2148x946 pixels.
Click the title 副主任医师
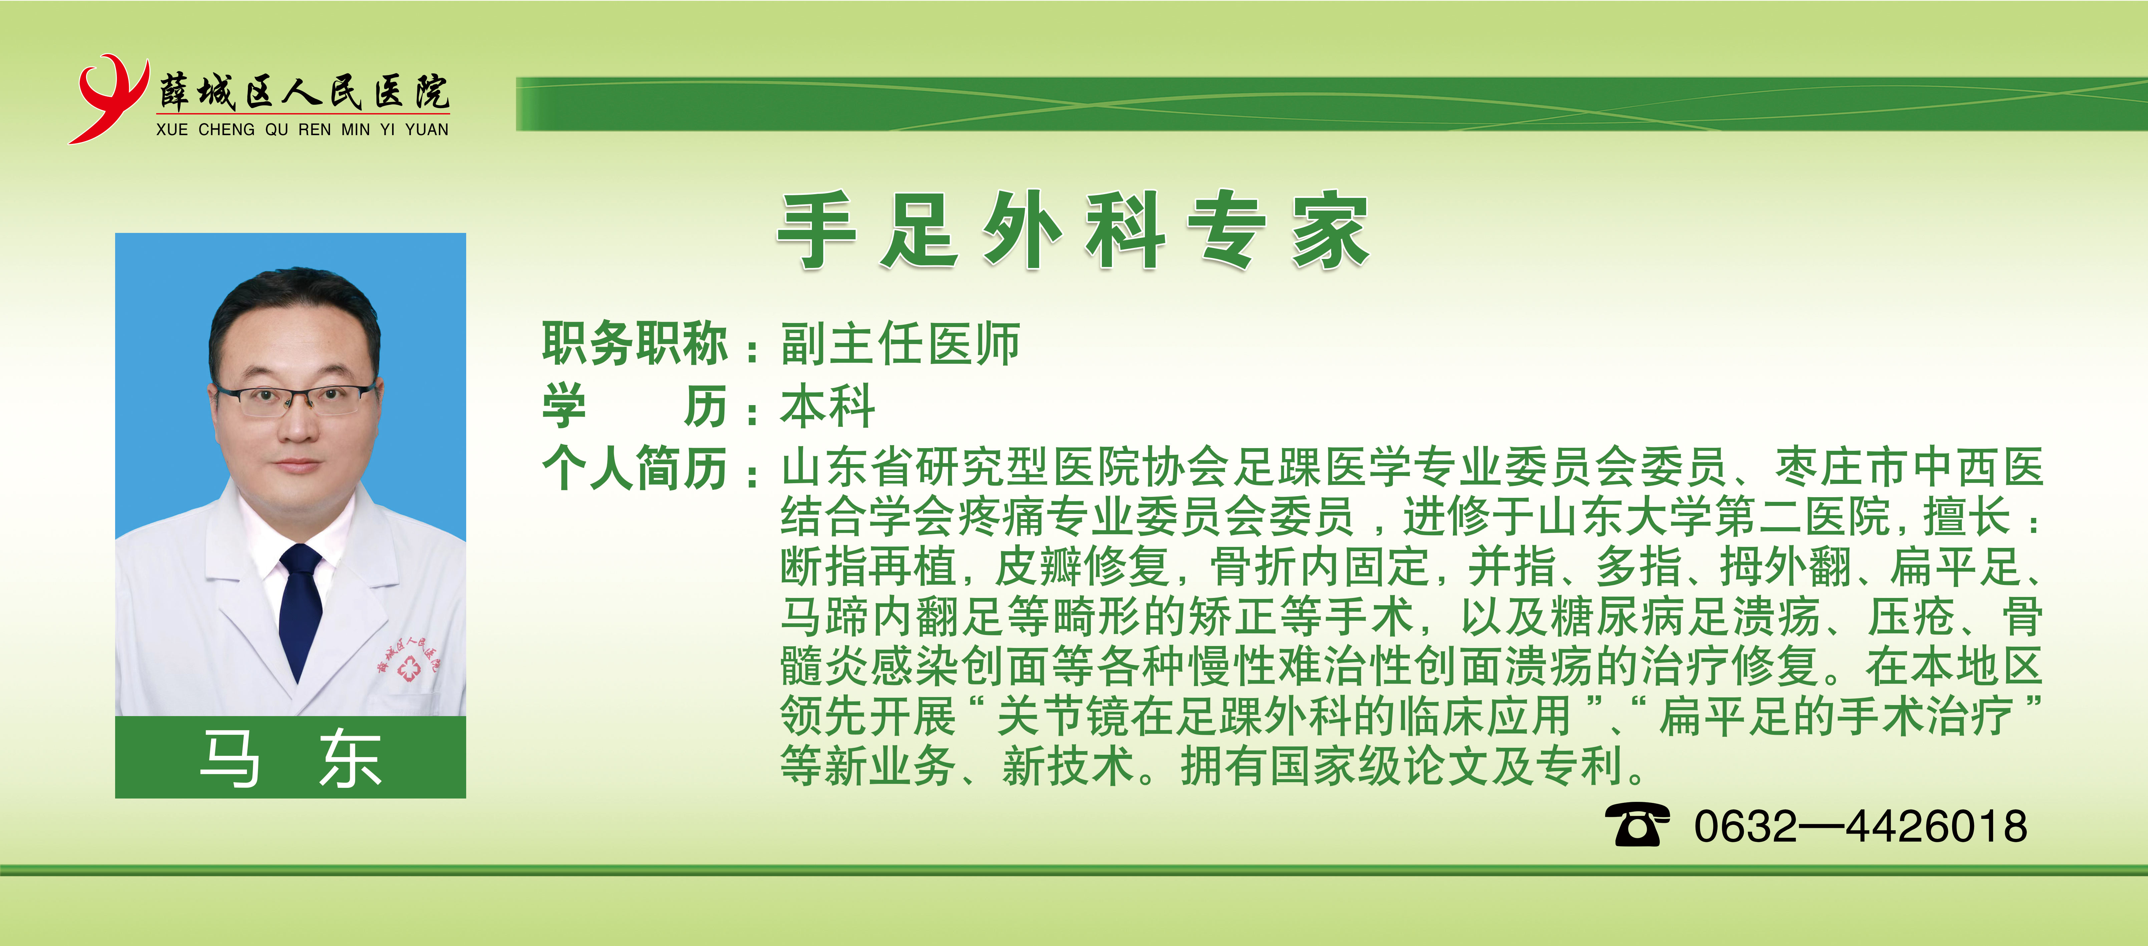point(901,343)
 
